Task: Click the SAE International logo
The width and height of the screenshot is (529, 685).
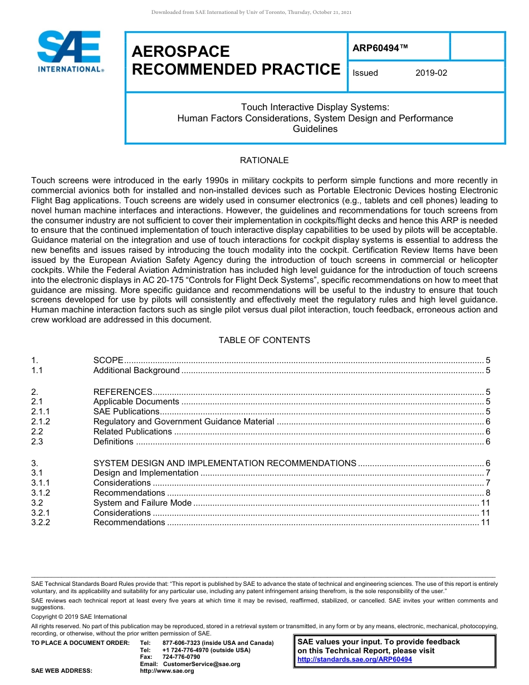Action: point(70,51)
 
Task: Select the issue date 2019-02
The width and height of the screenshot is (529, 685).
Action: point(431,73)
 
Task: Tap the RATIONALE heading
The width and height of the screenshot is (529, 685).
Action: point(264,160)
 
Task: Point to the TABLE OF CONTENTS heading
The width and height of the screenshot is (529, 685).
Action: point(264,340)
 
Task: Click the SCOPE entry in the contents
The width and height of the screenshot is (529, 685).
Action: point(109,360)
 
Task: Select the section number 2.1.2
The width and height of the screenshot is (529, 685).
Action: point(41,422)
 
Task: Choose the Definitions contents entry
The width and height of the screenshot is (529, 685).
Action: point(114,442)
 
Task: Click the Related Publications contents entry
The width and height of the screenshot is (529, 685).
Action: point(133,432)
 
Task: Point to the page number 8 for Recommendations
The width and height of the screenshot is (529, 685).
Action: point(488,493)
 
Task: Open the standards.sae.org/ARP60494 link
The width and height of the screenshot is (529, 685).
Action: point(355,659)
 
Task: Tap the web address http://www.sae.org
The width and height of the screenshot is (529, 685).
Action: point(166,671)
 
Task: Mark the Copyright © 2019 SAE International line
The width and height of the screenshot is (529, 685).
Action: point(79,616)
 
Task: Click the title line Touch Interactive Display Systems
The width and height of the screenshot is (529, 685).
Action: point(315,107)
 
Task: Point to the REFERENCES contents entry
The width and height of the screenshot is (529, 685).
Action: point(123,392)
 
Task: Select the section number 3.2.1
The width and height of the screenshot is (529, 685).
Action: point(41,513)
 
